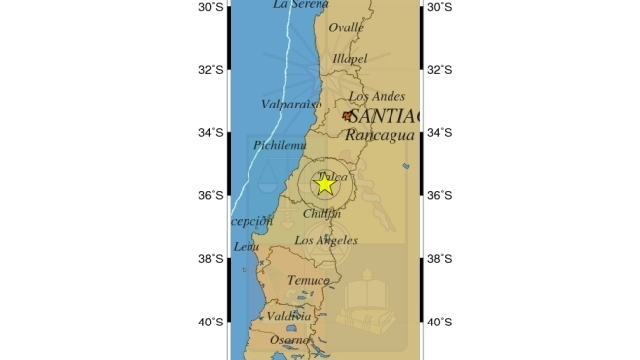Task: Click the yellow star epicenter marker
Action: pyautogui.click(x=324, y=184)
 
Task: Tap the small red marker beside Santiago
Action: pyautogui.click(x=347, y=116)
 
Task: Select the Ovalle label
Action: pyautogui.click(x=345, y=28)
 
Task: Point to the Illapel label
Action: pyautogui.click(x=349, y=59)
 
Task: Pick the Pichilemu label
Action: pyautogui.click(x=280, y=145)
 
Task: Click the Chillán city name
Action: pyautogui.click(x=322, y=213)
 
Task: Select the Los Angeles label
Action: pyautogui.click(x=325, y=240)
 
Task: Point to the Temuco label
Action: pyautogui.click(x=308, y=281)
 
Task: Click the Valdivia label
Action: pyautogui.click(x=290, y=316)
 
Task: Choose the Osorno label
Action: pyautogui.click(x=290, y=340)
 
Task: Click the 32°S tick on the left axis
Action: pyautogui.click(x=211, y=69)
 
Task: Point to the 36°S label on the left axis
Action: pyautogui.click(x=211, y=195)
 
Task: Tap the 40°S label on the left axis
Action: pyautogui.click(x=211, y=322)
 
